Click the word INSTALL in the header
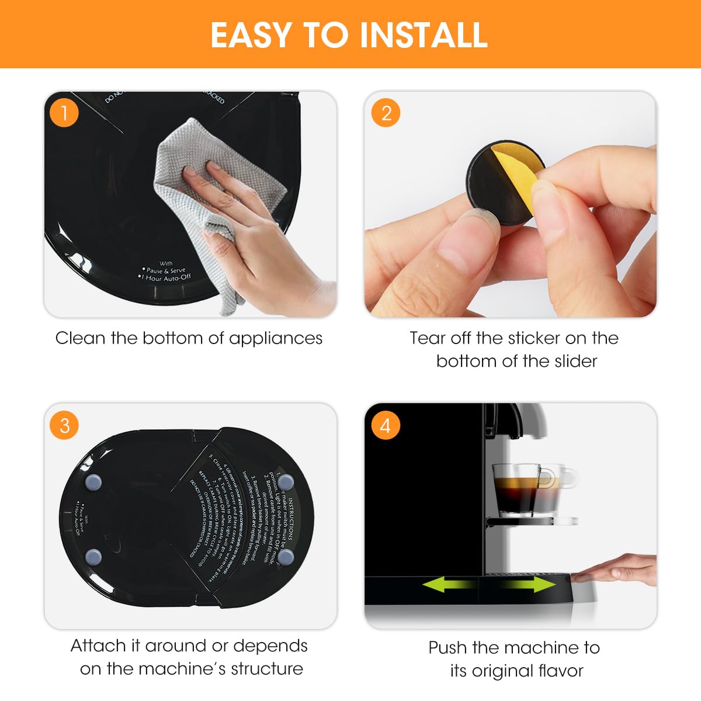423,35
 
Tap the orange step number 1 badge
64,112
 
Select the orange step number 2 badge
386,113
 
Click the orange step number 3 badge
64,425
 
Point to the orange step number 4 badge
385,425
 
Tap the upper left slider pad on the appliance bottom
93,482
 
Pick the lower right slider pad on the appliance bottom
285,557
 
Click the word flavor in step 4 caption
558,671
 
